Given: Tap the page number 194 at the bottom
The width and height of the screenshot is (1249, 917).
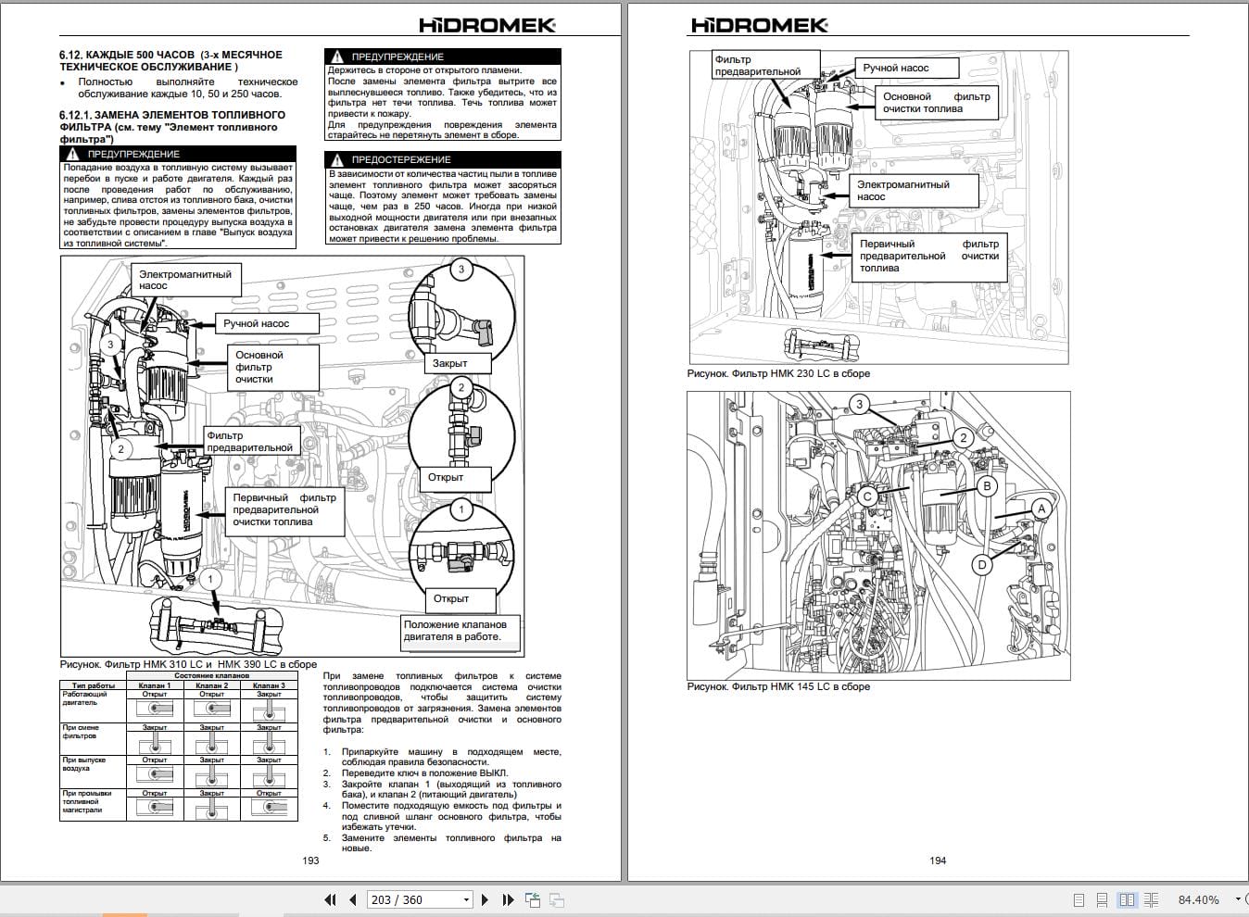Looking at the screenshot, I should [938, 860].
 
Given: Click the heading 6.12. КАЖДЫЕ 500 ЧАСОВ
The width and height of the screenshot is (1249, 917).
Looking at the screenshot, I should [170, 55].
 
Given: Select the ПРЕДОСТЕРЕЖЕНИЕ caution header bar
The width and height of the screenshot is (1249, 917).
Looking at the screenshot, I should [443, 159].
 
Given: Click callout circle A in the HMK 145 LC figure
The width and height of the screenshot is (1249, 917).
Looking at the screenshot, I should [1041, 509].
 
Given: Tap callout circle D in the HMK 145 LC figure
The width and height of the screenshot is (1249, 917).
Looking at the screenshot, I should [982, 564].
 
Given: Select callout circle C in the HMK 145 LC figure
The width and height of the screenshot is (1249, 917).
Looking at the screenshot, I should [867, 496].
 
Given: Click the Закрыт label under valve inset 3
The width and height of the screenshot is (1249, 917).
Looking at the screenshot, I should [450, 363].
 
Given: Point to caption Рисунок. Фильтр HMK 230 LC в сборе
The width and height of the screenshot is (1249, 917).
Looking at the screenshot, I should [778, 373].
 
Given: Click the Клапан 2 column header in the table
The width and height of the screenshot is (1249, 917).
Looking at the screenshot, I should [212, 685].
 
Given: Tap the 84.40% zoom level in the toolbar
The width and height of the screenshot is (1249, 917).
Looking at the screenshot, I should [1198, 899].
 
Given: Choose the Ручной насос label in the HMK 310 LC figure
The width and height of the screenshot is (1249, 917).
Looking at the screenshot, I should [256, 323].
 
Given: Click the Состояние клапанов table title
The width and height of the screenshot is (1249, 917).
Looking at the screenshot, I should [212, 675].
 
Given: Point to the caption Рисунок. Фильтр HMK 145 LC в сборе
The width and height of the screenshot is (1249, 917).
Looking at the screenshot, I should [778, 686].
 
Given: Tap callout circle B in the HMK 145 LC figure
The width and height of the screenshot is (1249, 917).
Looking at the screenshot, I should [987, 486].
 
